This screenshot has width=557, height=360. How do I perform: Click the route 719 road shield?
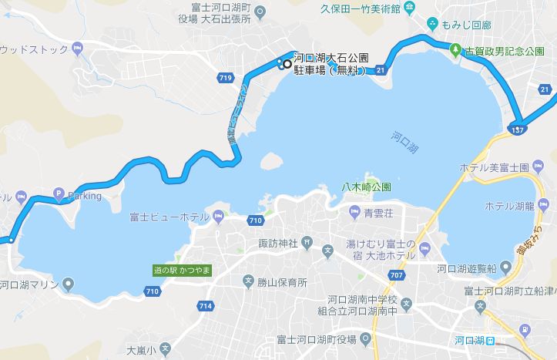[x=226, y=78]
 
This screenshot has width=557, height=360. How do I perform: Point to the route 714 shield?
[x=205, y=306]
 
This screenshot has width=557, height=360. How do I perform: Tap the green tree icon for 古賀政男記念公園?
[x=456, y=50]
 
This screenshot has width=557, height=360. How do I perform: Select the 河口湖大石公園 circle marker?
[x=287, y=64]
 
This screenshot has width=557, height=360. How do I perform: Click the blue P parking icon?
[x=59, y=195]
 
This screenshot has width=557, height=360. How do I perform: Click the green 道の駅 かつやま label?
[x=181, y=271]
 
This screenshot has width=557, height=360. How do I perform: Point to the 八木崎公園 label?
[x=366, y=187]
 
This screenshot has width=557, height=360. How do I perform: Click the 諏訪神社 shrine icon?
[x=308, y=244]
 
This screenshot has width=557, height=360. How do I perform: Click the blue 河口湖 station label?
[x=468, y=340]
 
